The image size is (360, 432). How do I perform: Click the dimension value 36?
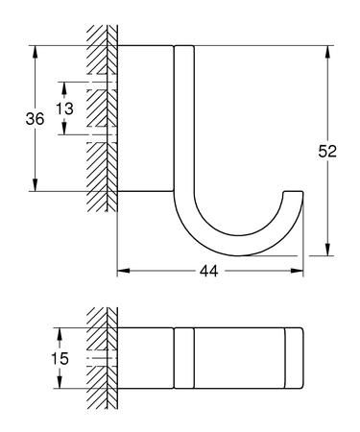(x=35, y=119)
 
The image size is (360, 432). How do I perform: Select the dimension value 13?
(x=64, y=108)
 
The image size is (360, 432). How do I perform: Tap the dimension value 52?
(x=326, y=151)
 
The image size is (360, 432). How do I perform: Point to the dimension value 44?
(x=209, y=272)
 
